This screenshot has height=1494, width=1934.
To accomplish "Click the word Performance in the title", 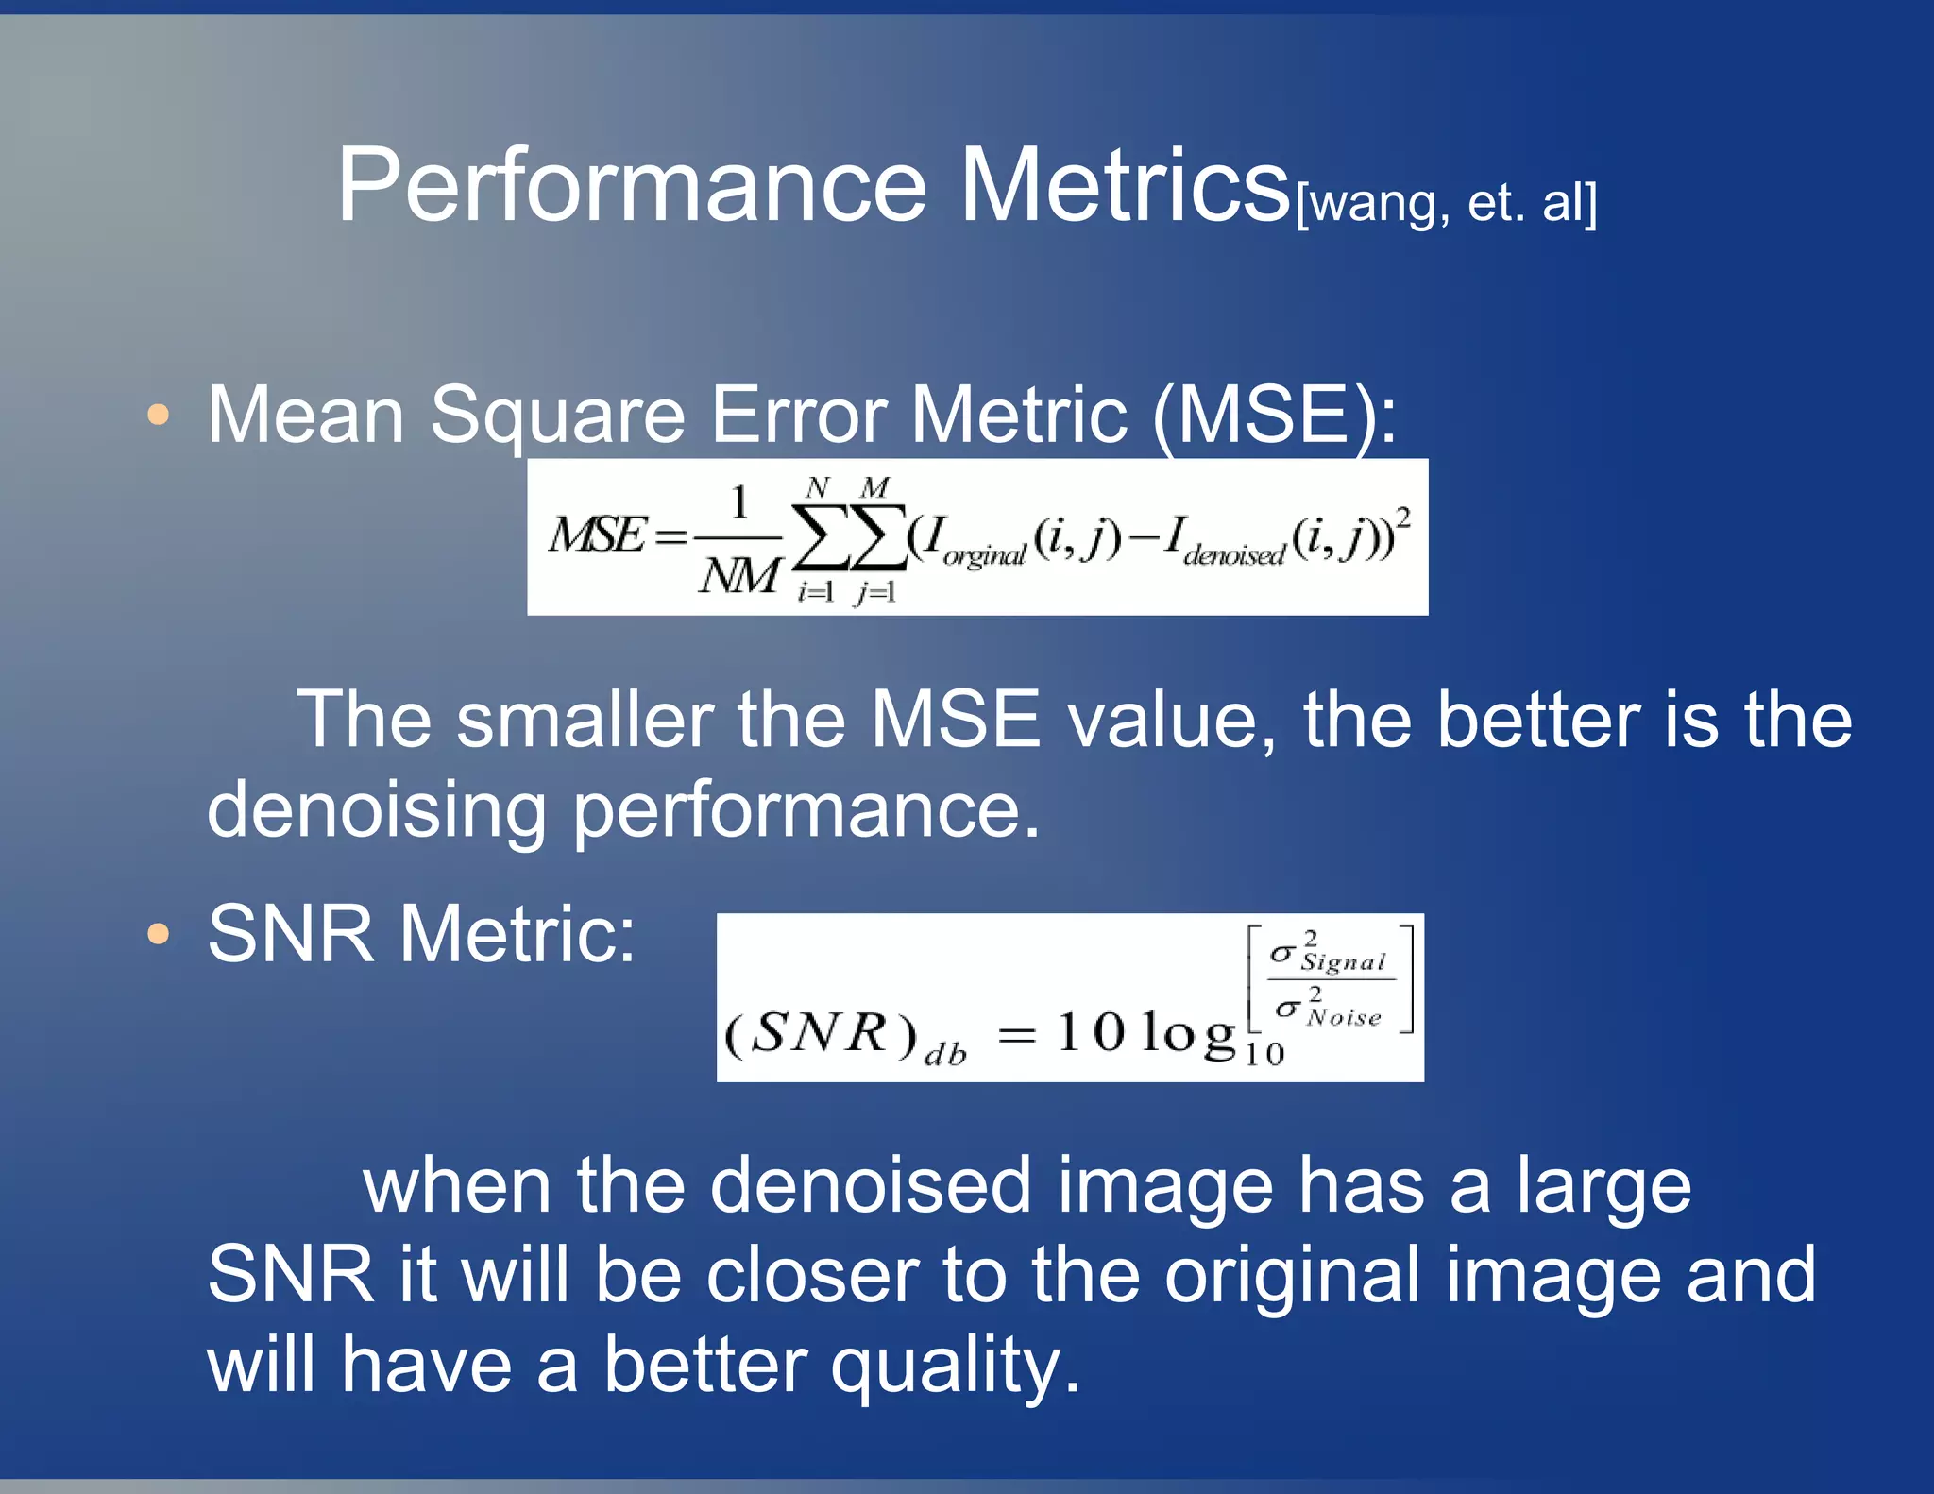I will pyautogui.click(x=631, y=186).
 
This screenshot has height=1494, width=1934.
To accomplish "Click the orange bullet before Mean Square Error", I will pyautogui.click(x=159, y=415).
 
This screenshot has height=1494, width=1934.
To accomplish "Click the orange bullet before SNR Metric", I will pyautogui.click(x=159, y=934).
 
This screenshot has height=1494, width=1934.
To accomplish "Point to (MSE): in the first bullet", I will pyautogui.click(x=1274, y=416).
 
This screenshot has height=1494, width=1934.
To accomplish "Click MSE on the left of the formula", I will pyautogui.click(x=597, y=535).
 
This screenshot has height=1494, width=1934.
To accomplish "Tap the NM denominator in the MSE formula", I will pyautogui.click(x=739, y=574).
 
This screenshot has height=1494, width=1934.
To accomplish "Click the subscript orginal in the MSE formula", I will pyautogui.click(x=983, y=556).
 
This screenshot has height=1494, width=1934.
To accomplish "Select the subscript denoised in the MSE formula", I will pyautogui.click(x=1233, y=555).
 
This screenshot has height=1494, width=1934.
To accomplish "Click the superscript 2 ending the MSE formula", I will pyautogui.click(x=1403, y=517).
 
